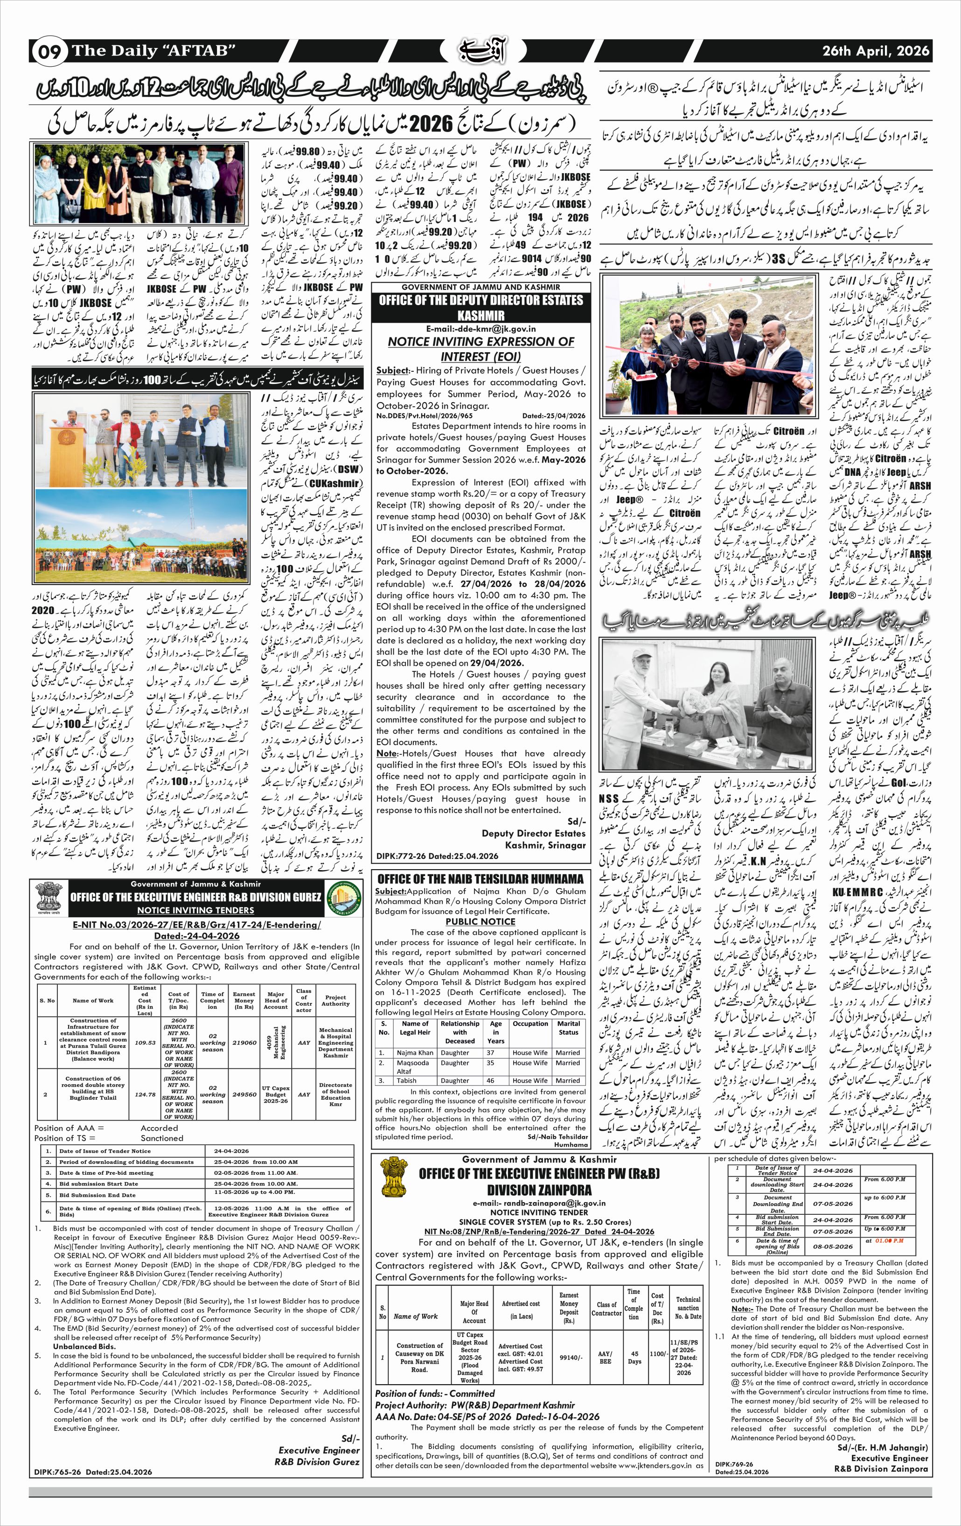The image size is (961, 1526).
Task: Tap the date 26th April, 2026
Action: (x=876, y=51)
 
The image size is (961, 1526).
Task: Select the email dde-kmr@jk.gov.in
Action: (x=481, y=329)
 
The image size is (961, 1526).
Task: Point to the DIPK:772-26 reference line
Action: (x=437, y=856)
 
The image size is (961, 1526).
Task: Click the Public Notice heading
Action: (x=480, y=921)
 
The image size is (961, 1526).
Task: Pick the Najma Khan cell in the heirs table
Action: (x=415, y=1052)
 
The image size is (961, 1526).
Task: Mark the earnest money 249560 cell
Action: (x=244, y=1094)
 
